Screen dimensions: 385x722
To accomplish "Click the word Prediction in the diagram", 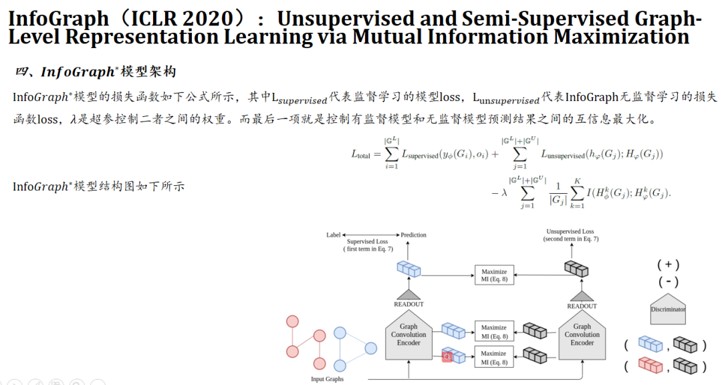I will pyautogui.click(x=413, y=235).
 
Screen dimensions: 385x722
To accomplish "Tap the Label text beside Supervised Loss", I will pyautogui.click(x=333, y=235).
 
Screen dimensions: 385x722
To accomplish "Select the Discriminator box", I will pyautogui.click(x=668, y=309).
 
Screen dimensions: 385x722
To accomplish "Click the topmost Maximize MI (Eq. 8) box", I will pyautogui.click(x=494, y=275).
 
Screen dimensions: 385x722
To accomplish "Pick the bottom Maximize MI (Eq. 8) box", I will pyautogui.click(x=494, y=358).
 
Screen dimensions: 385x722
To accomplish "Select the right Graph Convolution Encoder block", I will pyautogui.click(x=582, y=335).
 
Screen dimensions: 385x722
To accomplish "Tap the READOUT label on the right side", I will pyautogui.click(x=582, y=306).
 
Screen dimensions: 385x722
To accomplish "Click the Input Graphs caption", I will pyautogui.click(x=328, y=379).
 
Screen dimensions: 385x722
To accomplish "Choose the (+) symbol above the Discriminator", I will pyautogui.click(x=669, y=263).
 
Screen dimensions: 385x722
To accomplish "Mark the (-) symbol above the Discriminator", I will pyautogui.click(x=669, y=281).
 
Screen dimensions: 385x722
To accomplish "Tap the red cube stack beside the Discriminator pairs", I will pyautogui.click(x=650, y=366).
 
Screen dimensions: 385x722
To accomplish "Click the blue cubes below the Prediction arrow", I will pyautogui.click(x=408, y=268).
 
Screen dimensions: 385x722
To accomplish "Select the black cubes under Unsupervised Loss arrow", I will pyautogui.click(x=576, y=268).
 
